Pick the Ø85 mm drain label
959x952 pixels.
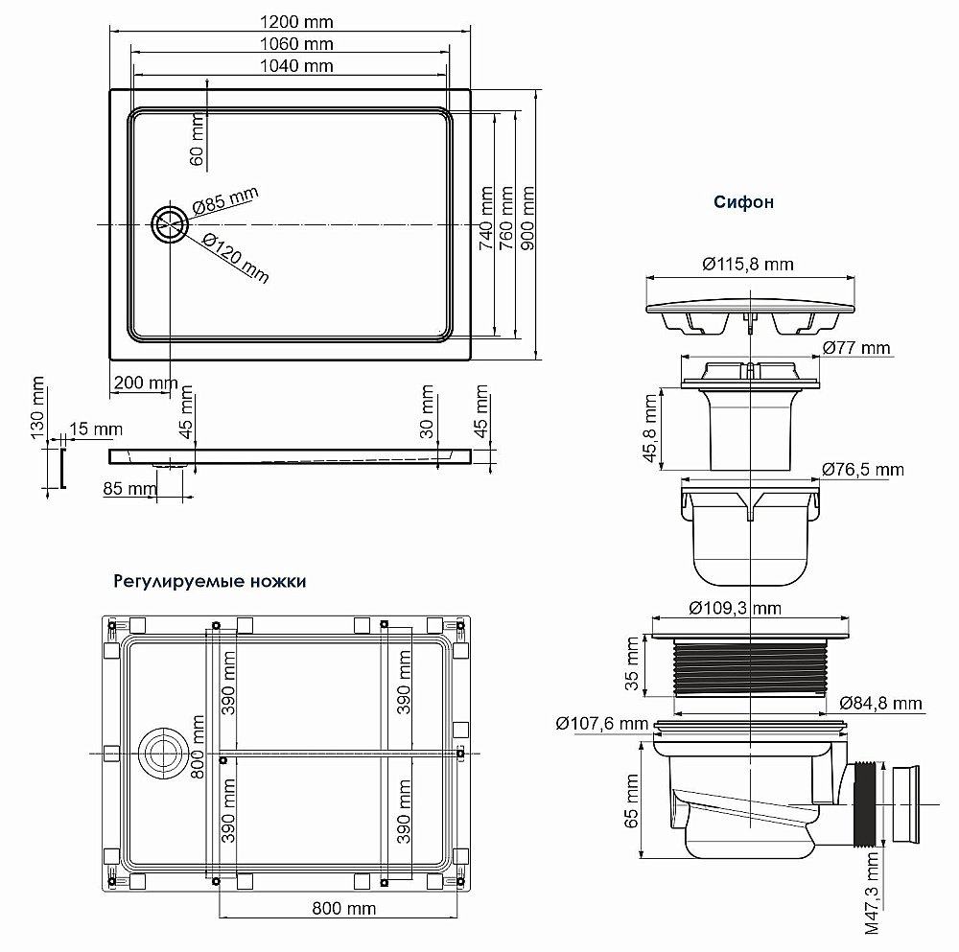(225, 203)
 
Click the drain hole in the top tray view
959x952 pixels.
(171, 224)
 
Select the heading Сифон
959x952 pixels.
(743, 202)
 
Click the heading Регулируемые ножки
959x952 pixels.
(210, 581)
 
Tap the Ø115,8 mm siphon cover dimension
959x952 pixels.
(747, 265)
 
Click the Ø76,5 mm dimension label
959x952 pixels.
(862, 470)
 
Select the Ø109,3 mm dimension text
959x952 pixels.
(737, 608)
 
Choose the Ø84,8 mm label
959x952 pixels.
(881, 703)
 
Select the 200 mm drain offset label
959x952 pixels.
(146, 383)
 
